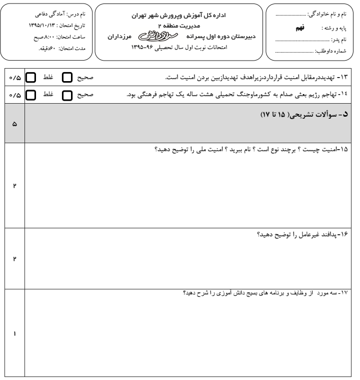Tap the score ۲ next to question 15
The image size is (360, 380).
(x=13, y=186)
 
